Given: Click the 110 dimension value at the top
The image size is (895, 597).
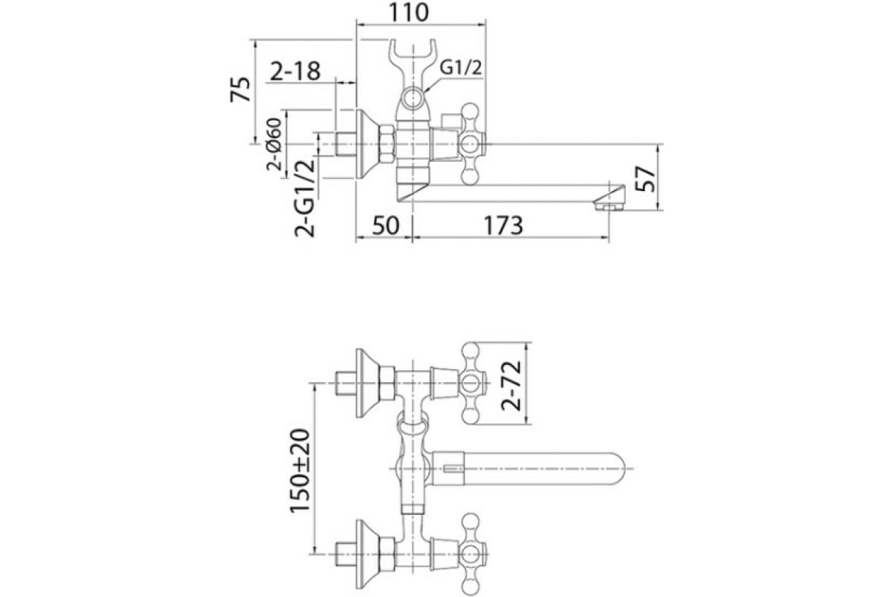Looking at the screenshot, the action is (x=409, y=13).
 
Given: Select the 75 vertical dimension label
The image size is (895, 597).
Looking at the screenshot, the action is (x=240, y=89).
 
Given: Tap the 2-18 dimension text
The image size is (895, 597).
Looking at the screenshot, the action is (x=295, y=71).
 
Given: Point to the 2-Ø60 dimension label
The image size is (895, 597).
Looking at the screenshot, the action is (x=275, y=145).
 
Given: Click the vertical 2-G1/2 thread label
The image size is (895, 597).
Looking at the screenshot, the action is (x=305, y=198).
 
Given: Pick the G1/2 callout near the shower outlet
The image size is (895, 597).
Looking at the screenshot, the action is (x=461, y=68).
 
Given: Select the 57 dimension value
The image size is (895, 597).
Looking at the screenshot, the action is (x=645, y=179).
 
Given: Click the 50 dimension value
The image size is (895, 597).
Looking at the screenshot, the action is (x=386, y=225).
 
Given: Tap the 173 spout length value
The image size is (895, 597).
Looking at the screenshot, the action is (x=503, y=225).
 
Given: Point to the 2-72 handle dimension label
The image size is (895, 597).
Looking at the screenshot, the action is (x=512, y=386).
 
